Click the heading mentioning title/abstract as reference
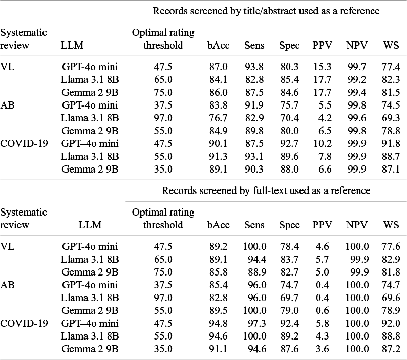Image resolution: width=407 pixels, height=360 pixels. [x=266, y=11]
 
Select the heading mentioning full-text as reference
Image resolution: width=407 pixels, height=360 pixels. [x=266, y=191]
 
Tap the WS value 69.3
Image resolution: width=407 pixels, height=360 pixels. [x=391, y=118]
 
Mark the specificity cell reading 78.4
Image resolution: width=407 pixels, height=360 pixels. [x=289, y=246]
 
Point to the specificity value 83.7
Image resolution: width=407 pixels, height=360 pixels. [x=289, y=259]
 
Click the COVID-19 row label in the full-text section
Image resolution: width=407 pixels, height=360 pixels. [x=24, y=323]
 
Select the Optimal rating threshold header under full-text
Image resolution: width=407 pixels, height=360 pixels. [x=163, y=219]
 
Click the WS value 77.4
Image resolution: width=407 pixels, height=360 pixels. [x=391, y=67]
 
